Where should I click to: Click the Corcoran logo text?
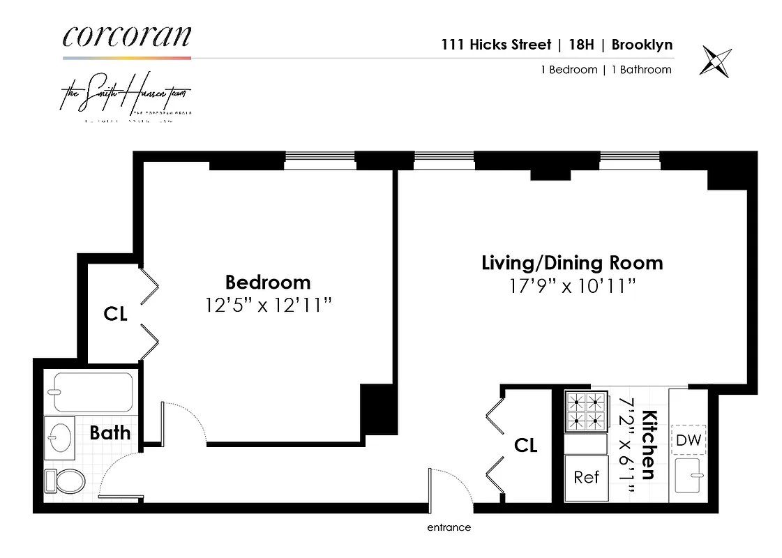pyautogui.click(x=126, y=36)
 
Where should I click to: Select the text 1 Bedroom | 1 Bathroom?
pyautogui.click(x=606, y=70)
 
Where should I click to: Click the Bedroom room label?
pyautogui.click(x=268, y=282)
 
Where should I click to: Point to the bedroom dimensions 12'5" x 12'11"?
pyautogui.click(x=268, y=305)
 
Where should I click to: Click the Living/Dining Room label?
pyautogui.click(x=572, y=263)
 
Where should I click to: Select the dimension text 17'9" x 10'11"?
pyautogui.click(x=572, y=285)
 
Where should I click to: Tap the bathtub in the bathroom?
pyautogui.click(x=93, y=392)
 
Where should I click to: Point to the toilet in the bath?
pyautogui.click(x=64, y=481)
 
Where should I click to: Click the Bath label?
pyautogui.click(x=110, y=432)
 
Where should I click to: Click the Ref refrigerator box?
pyautogui.click(x=586, y=477)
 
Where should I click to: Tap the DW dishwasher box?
pyautogui.click(x=689, y=440)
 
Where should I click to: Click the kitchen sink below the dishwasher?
pyautogui.click(x=689, y=478)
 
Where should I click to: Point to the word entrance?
pyautogui.click(x=449, y=527)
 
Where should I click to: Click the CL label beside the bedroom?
pyautogui.click(x=115, y=315)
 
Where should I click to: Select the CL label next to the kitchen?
pyautogui.click(x=525, y=445)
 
